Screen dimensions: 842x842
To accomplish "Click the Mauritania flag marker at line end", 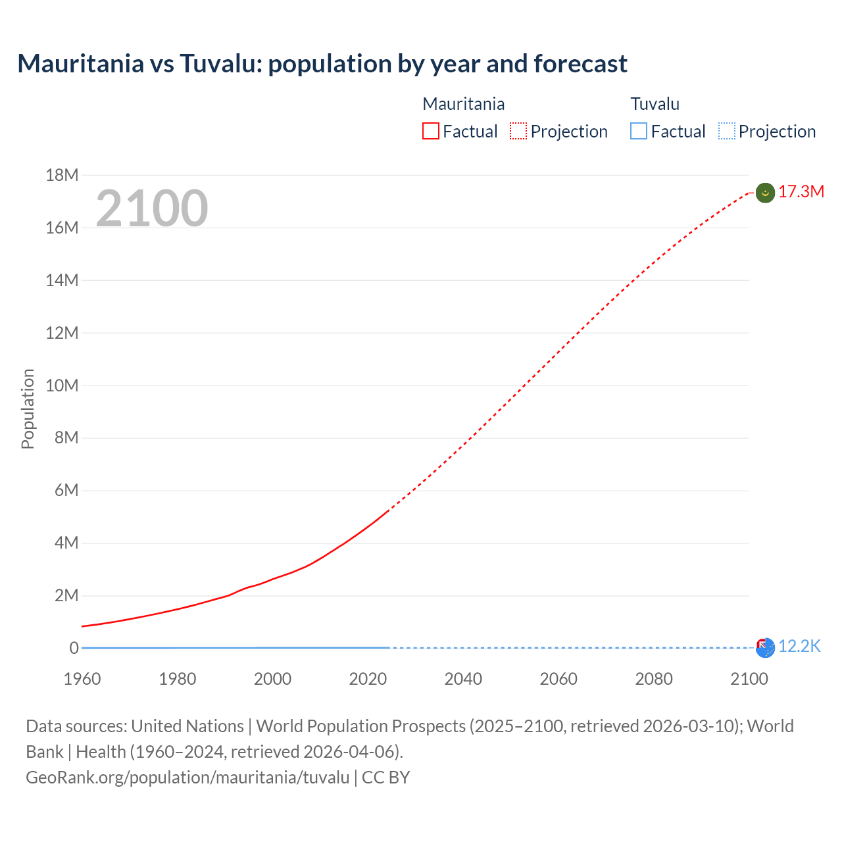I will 765,193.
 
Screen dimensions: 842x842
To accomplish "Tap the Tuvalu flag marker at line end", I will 765,647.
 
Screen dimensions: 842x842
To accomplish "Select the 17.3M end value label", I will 801,192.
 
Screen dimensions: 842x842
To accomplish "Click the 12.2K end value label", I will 799,647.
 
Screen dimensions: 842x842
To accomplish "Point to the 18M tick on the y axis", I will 62,175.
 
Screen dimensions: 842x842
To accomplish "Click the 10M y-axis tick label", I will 62,385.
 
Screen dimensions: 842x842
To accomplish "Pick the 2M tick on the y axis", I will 66,596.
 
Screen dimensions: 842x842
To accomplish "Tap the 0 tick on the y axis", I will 74,649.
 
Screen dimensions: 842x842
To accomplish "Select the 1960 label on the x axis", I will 82,679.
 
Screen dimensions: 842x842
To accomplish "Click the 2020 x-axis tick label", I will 368,679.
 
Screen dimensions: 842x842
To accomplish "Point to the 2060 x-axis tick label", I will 558,679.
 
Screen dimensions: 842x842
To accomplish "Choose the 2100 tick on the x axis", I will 749,679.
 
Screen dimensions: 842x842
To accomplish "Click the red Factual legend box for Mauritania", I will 431,132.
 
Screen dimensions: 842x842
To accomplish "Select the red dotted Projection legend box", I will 518,132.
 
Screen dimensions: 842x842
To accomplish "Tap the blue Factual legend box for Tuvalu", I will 639,132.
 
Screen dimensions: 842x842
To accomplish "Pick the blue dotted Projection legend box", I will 727,132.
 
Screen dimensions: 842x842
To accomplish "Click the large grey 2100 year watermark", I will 152,209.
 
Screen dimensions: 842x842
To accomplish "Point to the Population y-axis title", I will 28,409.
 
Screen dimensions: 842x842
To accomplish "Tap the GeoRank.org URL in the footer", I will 187,778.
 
